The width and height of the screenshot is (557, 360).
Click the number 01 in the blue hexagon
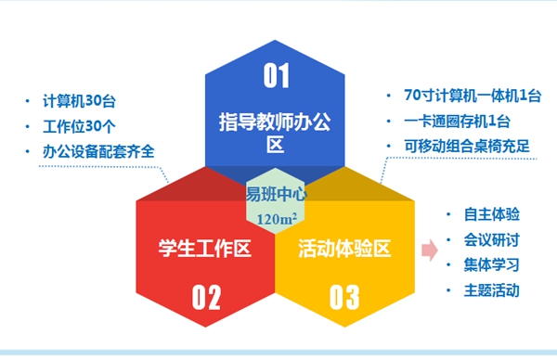tap(277, 75)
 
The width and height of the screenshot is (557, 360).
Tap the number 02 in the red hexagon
tap(206, 297)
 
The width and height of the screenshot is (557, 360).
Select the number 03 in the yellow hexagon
tap(344, 297)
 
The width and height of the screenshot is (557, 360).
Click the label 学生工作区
tap(205, 248)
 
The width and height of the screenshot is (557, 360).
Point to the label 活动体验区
tap(344, 248)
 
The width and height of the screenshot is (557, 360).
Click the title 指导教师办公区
tap(275, 132)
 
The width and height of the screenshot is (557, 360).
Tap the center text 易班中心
tap(277, 194)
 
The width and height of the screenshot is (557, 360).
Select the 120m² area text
tap(277, 219)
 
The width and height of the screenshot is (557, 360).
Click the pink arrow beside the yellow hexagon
tap(430, 250)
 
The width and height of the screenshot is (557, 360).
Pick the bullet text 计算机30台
tap(79, 101)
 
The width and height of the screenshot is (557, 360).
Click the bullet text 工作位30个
tap(79, 126)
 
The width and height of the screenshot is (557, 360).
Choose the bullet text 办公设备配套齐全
tap(98, 151)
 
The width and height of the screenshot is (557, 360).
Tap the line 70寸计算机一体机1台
tap(473, 96)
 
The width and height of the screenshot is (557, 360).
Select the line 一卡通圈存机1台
tap(457, 122)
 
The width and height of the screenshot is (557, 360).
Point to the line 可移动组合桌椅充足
tap(467, 147)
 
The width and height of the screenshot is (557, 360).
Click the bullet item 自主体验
tap(492, 214)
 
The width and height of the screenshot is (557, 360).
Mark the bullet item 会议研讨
tap(492, 240)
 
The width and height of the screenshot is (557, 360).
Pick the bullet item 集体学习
tap(492, 264)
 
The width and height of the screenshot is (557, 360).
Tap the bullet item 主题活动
tap(492, 290)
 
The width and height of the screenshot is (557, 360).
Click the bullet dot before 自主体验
tap(448, 214)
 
